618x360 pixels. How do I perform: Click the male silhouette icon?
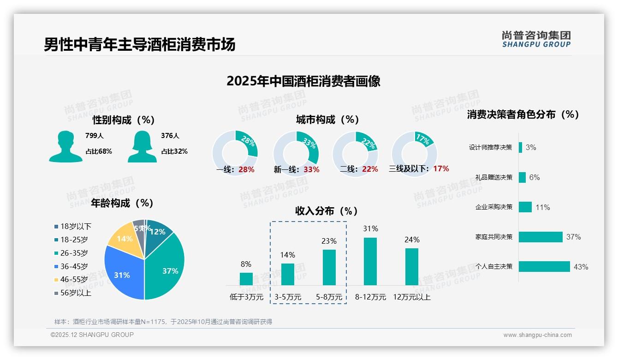(x=65, y=147)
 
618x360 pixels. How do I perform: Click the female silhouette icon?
(x=142, y=147)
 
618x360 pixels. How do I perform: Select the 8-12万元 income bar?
(x=370, y=261)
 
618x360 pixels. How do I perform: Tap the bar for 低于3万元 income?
(x=246, y=279)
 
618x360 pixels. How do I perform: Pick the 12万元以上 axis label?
(x=411, y=297)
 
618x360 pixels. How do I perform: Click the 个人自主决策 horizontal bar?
(x=544, y=266)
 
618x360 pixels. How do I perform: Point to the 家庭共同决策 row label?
(x=493, y=237)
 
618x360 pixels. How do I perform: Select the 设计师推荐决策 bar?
(x=520, y=147)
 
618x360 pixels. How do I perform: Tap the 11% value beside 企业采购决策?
(x=542, y=207)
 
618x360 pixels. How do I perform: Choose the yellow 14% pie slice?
(x=122, y=239)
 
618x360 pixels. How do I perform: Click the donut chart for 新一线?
(x=296, y=153)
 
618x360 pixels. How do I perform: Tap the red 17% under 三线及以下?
(x=441, y=169)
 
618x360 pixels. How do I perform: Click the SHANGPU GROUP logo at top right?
(x=536, y=39)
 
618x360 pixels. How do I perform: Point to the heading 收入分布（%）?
(x=327, y=211)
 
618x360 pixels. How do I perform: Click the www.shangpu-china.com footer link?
(x=537, y=335)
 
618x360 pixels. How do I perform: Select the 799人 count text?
(x=95, y=136)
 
